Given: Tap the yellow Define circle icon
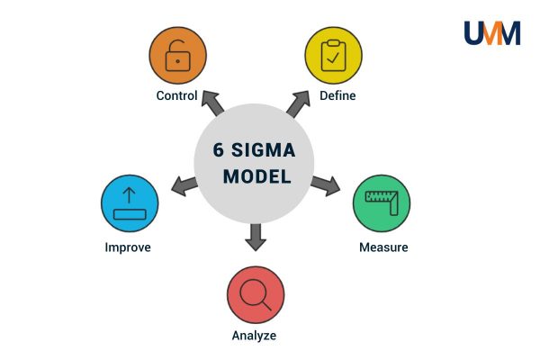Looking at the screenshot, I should tap(333, 56).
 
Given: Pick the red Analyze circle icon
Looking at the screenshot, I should tap(256, 295).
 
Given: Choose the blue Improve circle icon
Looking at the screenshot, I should tap(128, 204).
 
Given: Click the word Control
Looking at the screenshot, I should tap(177, 96).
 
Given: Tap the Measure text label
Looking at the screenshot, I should tap(383, 247).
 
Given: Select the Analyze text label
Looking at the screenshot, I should tap(255, 337).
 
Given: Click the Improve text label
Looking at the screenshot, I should tap(128, 247).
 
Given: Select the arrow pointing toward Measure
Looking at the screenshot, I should tap(326, 185).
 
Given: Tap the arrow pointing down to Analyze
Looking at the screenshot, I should tap(256, 236).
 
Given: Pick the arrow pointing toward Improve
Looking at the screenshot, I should tap(184, 186).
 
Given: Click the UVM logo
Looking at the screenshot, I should tap(491, 33).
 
